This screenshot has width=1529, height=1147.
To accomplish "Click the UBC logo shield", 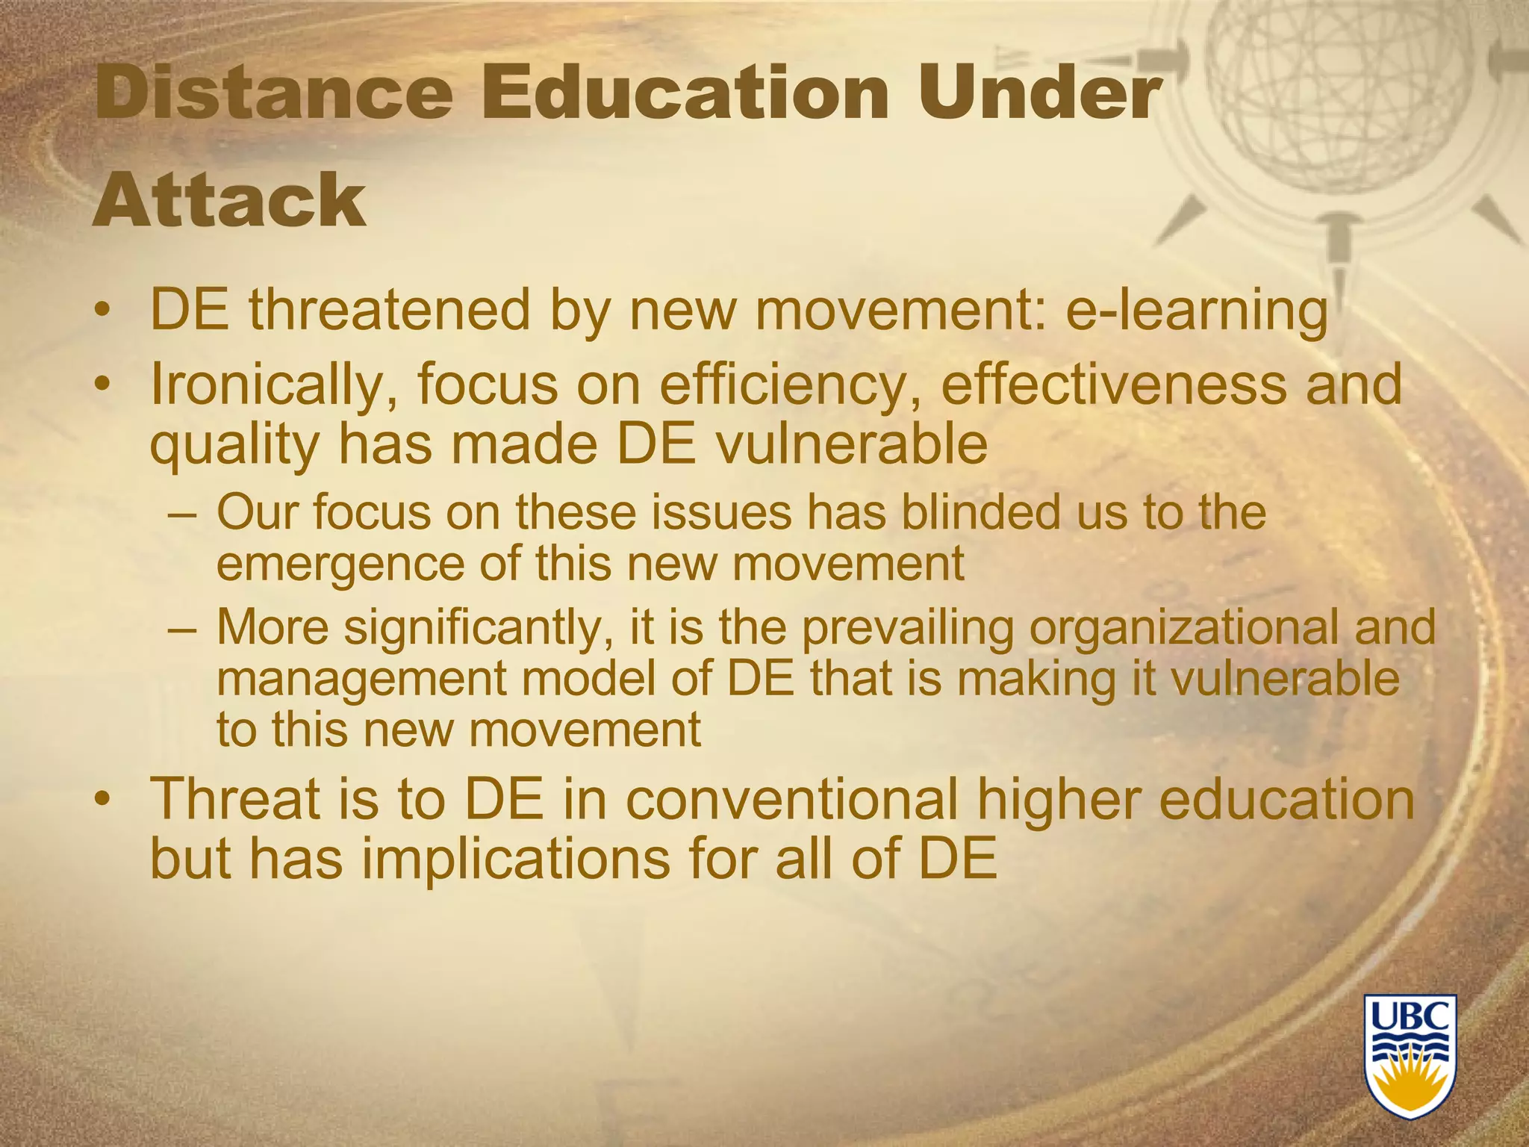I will click(1410, 1066).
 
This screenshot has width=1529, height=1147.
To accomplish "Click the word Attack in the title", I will click(229, 199).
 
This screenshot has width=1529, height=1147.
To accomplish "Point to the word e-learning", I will click(1196, 310).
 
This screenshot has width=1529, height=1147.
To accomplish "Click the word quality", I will click(234, 446).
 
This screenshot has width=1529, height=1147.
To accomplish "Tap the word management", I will click(360, 679).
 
